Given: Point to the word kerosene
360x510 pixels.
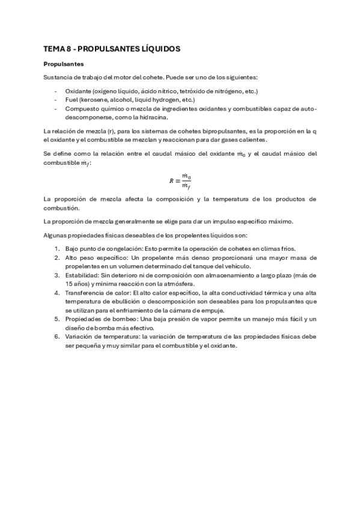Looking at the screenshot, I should click(x=98, y=99).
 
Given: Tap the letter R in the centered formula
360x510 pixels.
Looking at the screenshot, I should click(x=171, y=180).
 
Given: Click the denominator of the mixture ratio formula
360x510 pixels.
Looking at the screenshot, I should click(x=186, y=185).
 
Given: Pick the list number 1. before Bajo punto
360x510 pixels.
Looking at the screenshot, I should click(x=56, y=249).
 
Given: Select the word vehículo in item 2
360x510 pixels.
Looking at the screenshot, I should click(x=238, y=266).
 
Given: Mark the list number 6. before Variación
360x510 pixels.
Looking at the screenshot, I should click(x=56, y=337).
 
